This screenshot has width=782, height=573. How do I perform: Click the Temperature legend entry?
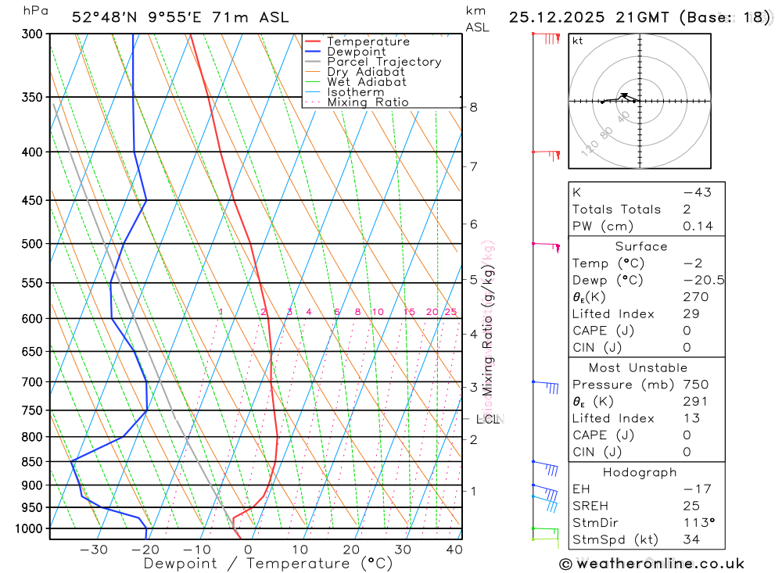pos(368,41)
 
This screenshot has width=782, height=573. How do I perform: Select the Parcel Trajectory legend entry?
pos(384,62)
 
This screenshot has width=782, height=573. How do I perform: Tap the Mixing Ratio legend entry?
pos(368,102)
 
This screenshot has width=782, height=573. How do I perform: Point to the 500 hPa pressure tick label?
pos(34,244)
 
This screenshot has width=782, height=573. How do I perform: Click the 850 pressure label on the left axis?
pos(34,462)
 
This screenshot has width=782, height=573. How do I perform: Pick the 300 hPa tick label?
pos(34,34)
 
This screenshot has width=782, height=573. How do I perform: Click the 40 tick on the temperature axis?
pos(454,550)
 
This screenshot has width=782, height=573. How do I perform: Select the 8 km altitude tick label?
pos(474,107)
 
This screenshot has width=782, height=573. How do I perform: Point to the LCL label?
pos(487,420)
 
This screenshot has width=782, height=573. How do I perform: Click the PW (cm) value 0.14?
pos(698,226)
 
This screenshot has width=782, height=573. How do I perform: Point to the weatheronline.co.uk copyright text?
pos(651,564)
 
